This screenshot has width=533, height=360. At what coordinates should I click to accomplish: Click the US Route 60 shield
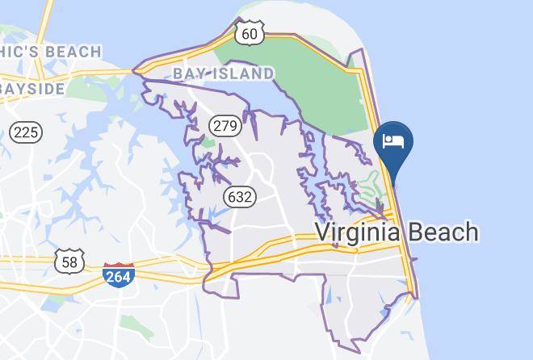pos(250,32)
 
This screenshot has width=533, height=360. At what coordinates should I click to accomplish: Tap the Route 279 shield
pos(225,125)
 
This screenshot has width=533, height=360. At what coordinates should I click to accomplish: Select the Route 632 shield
pos(241,196)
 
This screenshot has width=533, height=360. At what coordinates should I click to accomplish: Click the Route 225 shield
pos(27,132)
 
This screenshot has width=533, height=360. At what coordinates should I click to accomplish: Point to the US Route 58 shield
pos(70,262)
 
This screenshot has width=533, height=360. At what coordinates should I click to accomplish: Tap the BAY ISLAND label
pos(223,74)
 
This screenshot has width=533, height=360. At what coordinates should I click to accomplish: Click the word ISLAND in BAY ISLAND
pos(242,74)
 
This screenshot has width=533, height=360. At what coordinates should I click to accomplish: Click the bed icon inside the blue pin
pos(393,141)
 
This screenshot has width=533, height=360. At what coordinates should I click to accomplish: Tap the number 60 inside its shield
pos(250,33)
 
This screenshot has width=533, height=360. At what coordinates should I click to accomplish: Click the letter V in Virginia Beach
pos(321,232)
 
